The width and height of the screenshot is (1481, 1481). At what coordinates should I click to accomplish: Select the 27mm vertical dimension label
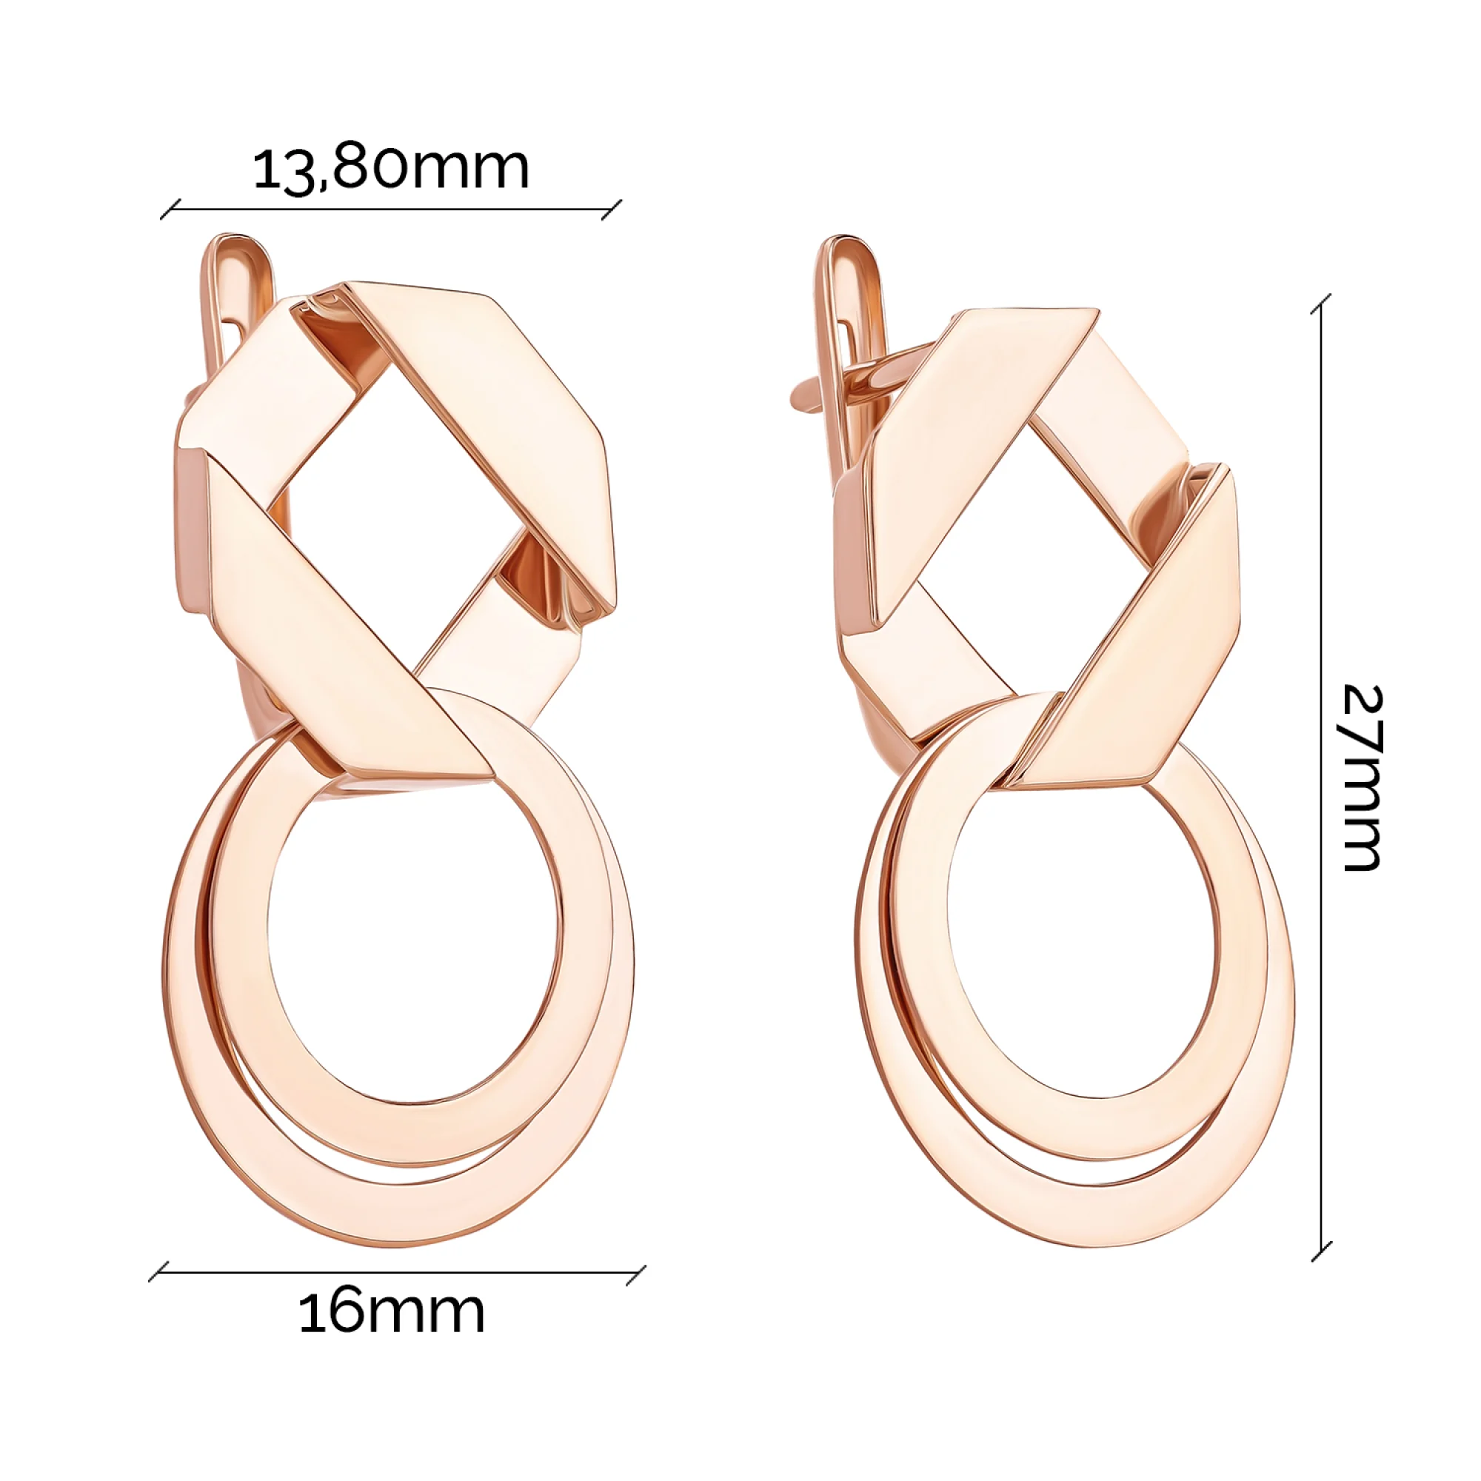point(1363,778)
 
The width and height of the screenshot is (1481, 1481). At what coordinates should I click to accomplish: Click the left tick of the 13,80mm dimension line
point(170,210)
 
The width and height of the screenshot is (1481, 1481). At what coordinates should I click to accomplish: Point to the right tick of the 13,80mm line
point(611,210)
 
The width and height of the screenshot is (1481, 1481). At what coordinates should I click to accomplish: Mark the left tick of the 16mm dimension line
point(158,1272)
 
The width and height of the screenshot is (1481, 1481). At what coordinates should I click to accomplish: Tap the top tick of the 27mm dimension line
point(1321,304)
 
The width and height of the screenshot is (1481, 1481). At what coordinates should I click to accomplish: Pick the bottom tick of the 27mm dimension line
point(1321,1251)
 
